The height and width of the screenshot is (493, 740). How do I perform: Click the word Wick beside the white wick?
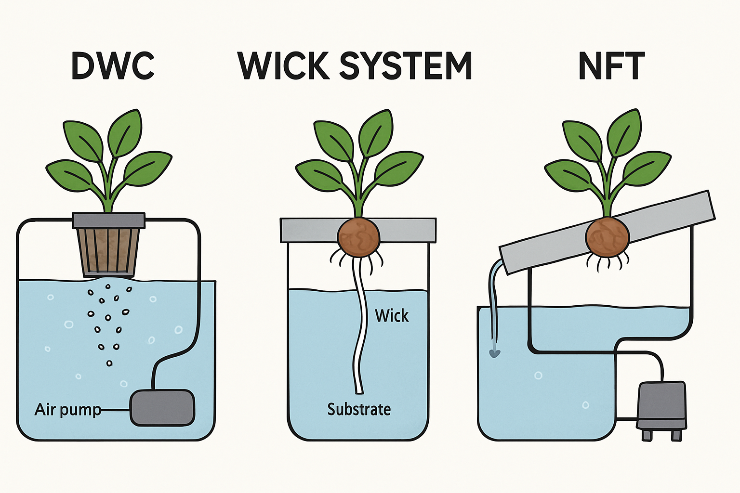(x=392, y=316)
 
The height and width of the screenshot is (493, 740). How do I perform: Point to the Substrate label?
(x=359, y=409)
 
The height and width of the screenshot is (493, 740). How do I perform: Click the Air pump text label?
(x=67, y=410)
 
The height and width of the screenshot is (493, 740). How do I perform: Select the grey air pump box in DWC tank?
(x=163, y=407)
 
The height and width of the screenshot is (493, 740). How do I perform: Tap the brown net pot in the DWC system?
(x=109, y=251)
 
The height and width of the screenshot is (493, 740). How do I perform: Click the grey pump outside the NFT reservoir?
(x=661, y=404)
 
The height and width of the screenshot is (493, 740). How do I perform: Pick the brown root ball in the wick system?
(x=359, y=237)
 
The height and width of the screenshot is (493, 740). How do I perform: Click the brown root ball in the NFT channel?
(x=607, y=236)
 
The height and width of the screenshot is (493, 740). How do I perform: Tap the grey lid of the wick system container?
(x=308, y=230)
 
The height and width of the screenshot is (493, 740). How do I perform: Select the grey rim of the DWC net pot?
(x=109, y=221)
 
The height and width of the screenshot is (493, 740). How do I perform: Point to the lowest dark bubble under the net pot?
(x=109, y=363)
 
